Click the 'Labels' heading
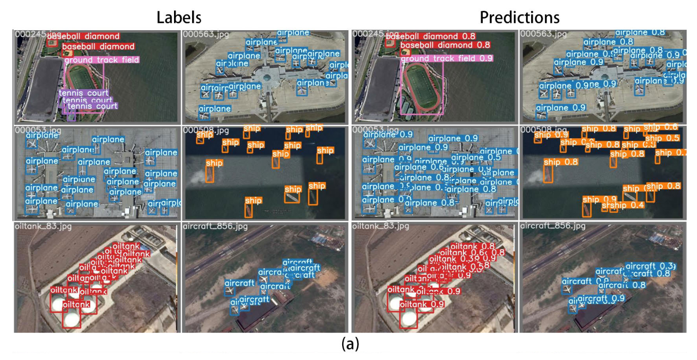[x=179, y=17]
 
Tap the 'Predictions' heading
[x=519, y=17]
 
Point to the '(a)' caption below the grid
[x=350, y=344]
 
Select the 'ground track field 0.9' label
[x=446, y=59]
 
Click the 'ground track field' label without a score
[x=101, y=60]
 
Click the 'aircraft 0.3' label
[x=650, y=266]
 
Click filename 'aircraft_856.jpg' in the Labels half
[x=215, y=226]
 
